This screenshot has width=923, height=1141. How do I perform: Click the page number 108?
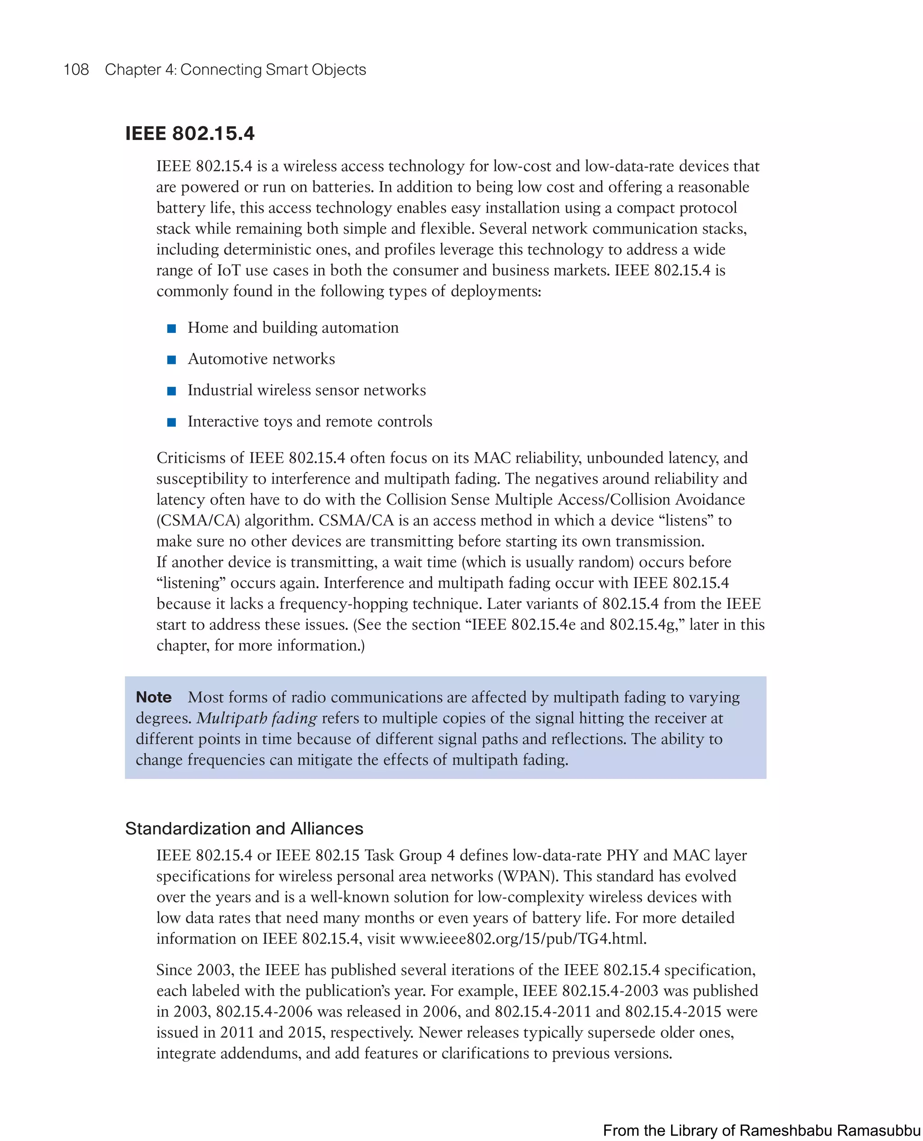click(x=76, y=70)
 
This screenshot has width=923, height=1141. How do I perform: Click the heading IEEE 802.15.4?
click(x=190, y=133)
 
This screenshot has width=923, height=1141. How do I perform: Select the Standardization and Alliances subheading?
click(x=244, y=828)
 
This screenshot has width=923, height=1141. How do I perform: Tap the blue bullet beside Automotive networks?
click(x=172, y=360)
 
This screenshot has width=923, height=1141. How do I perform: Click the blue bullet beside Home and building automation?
click(x=172, y=328)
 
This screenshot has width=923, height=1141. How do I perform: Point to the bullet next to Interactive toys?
click(x=172, y=422)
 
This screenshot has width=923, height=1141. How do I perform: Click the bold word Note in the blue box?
click(x=154, y=697)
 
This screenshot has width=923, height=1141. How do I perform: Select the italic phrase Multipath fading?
click(x=257, y=718)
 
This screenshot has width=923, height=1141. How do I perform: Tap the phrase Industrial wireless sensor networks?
click(x=307, y=390)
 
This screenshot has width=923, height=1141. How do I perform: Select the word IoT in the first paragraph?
click(x=228, y=270)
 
